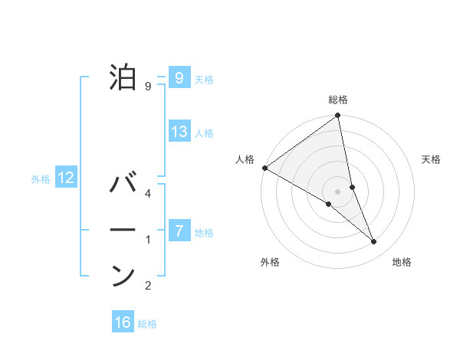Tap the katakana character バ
(x=123, y=185)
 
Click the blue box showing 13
(x=179, y=132)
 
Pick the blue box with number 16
(x=123, y=322)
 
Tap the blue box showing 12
(x=66, y=178)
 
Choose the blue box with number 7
(x=179, y=231)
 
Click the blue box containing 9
(x=179, y=77)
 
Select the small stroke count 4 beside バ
(x=148, y=194)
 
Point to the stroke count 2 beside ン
(x=148, y=286)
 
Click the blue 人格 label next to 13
(x=204, y=133)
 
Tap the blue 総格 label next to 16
(x=147, y=324)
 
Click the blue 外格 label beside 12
(x=41, y=179)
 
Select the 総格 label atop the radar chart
(x=338, y=100)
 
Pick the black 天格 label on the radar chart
(x=432, y=159)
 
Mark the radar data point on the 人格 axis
(x=264, y=168)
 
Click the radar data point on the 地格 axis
(x=374, y=242)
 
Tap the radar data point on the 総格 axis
(x=338, y=116)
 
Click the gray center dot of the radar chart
(x=338, y=191)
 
